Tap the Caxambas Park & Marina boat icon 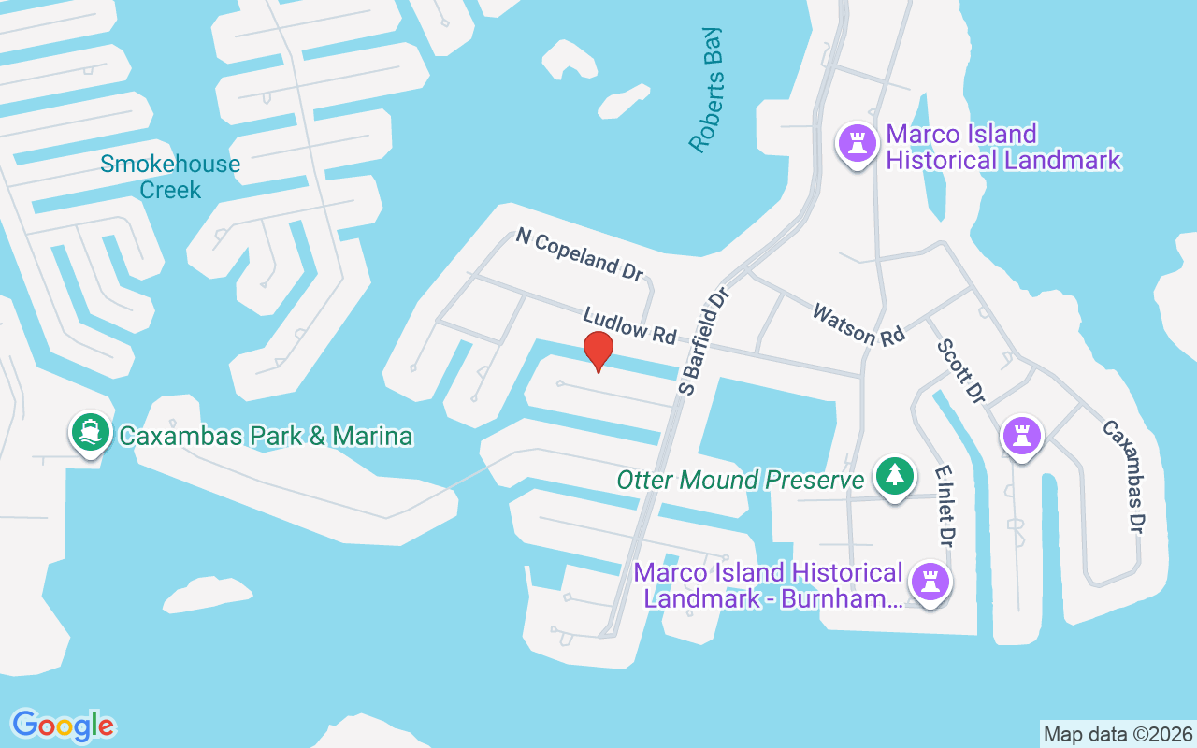pyautogui.click(x=90, y=433)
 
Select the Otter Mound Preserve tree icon pyautogui.click(x=895, y=476)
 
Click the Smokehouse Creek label pyautogui.click(x=170, y=177)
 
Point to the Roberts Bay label pyautogui.click(x=707, y=90)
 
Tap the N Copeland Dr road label pyautogui.click(x=580, y=253)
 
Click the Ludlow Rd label pyautogui.click(x=628, y=323)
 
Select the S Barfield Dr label pyautogui.click(x=704, y=341)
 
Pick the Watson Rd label pyautogui.click(x=858, y=324)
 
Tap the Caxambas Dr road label pyautogui.click(x=1123, y=476)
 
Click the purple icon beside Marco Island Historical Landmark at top pyautogui.click(x=856, y=144)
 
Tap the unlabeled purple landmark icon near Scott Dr pyautogui.click(x=1022, y=435)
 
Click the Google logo pyautogui.click(x=63, y=726)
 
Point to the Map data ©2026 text pyautogui.click(x=1118, y=734)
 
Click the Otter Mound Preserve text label pyautogui.click(x=741, y=481)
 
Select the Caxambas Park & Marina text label pyautogui.click(x=264, y=436)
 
